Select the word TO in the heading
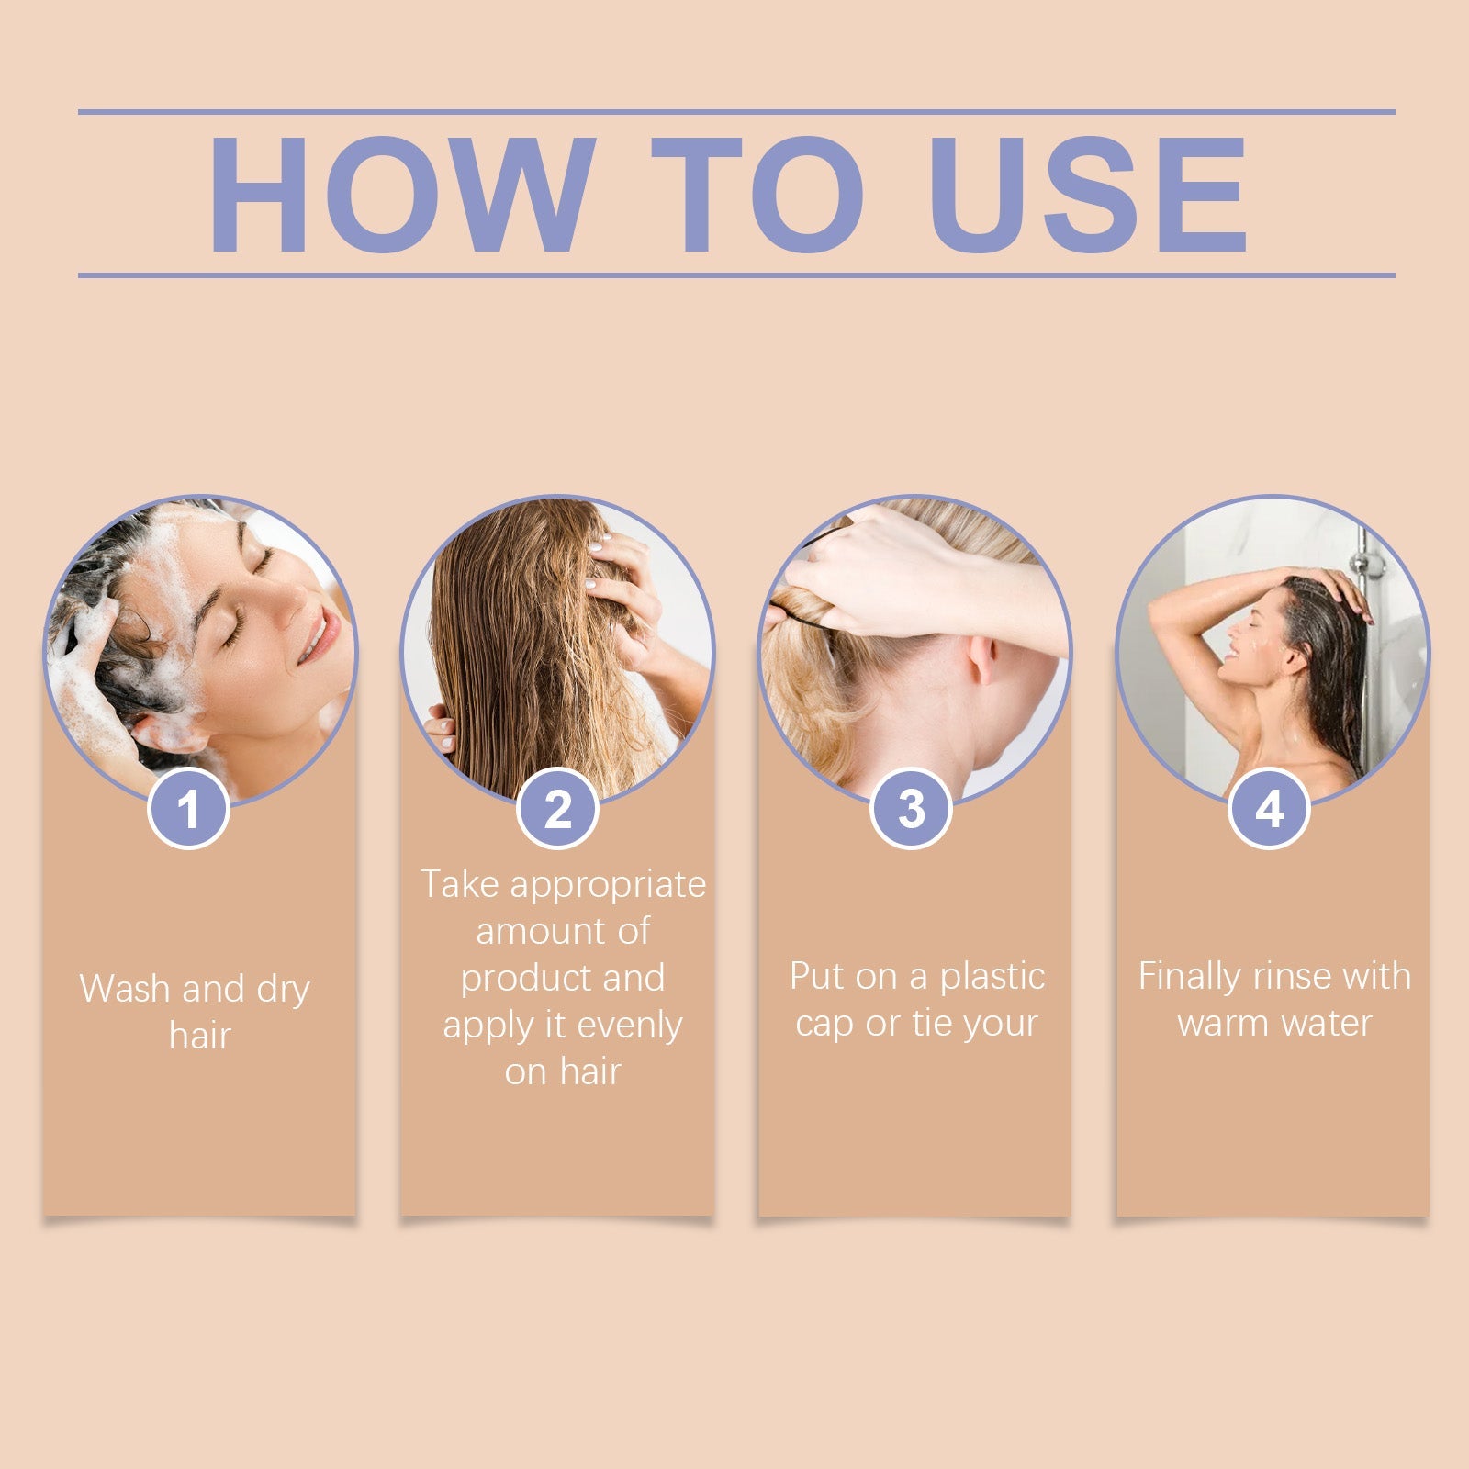(x=757, y=195)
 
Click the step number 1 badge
(x=188, y=809)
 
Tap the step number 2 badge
(x=558, y=809)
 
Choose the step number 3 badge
(x=911, y=809)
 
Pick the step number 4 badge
(x=1269, y=809)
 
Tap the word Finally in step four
(x=1189, y=978)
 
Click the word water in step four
(x=1327, y=1023)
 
